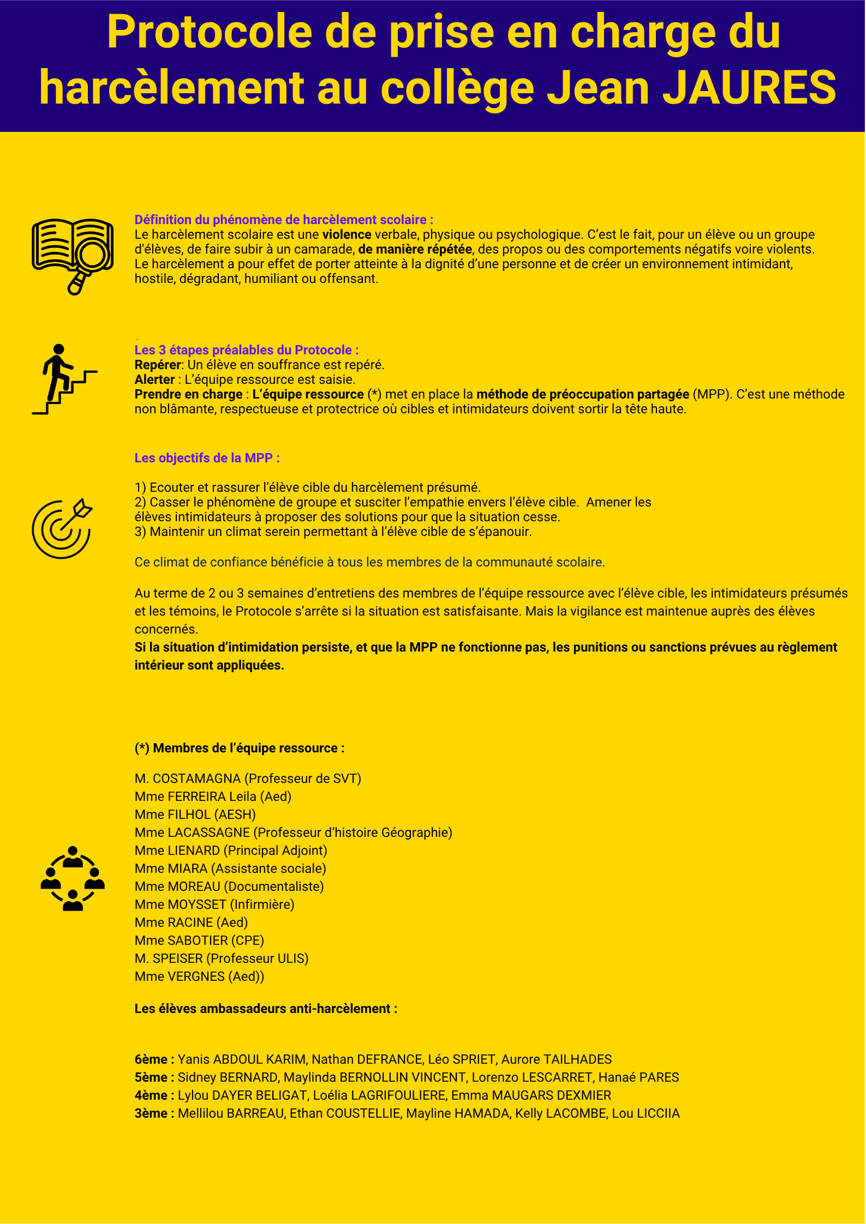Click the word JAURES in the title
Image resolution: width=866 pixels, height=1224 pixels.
click(749, 87)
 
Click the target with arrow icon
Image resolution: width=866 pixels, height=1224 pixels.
click(62, 528)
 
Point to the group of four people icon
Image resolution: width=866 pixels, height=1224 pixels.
click(73, 878)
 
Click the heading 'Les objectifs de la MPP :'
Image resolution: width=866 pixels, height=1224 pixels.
click(207, 458)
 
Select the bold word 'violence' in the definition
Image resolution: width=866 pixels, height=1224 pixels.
click(347, 234)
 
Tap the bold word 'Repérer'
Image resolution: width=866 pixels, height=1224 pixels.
click(157, 365)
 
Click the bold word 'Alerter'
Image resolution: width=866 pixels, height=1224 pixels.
click(154, 379)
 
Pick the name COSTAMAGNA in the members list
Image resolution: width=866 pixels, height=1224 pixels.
click(196, 779)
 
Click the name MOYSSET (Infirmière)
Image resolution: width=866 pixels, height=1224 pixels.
click(214, 905)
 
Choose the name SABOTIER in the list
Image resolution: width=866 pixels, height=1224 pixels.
click(198, 940)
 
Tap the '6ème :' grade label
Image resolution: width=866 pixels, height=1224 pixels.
click(154, 1059)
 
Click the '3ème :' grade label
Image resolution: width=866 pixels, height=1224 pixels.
click(154, 1113)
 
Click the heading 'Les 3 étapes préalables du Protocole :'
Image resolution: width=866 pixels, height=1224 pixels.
click(246, 350)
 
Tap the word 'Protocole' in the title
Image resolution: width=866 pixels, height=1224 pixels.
click(210, 33)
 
